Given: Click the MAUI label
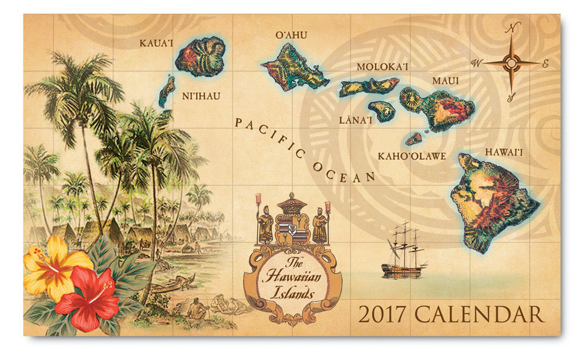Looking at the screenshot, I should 446,80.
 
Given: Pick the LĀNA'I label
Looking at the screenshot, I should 356,120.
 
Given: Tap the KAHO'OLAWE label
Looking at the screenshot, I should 412,156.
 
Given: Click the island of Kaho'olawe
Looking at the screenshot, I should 413,139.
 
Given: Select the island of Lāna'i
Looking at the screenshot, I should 382,110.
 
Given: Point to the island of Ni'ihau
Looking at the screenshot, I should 166,92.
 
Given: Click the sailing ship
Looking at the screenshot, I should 403,249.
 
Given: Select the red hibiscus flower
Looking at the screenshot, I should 88,293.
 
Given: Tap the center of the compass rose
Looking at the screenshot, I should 511,62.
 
